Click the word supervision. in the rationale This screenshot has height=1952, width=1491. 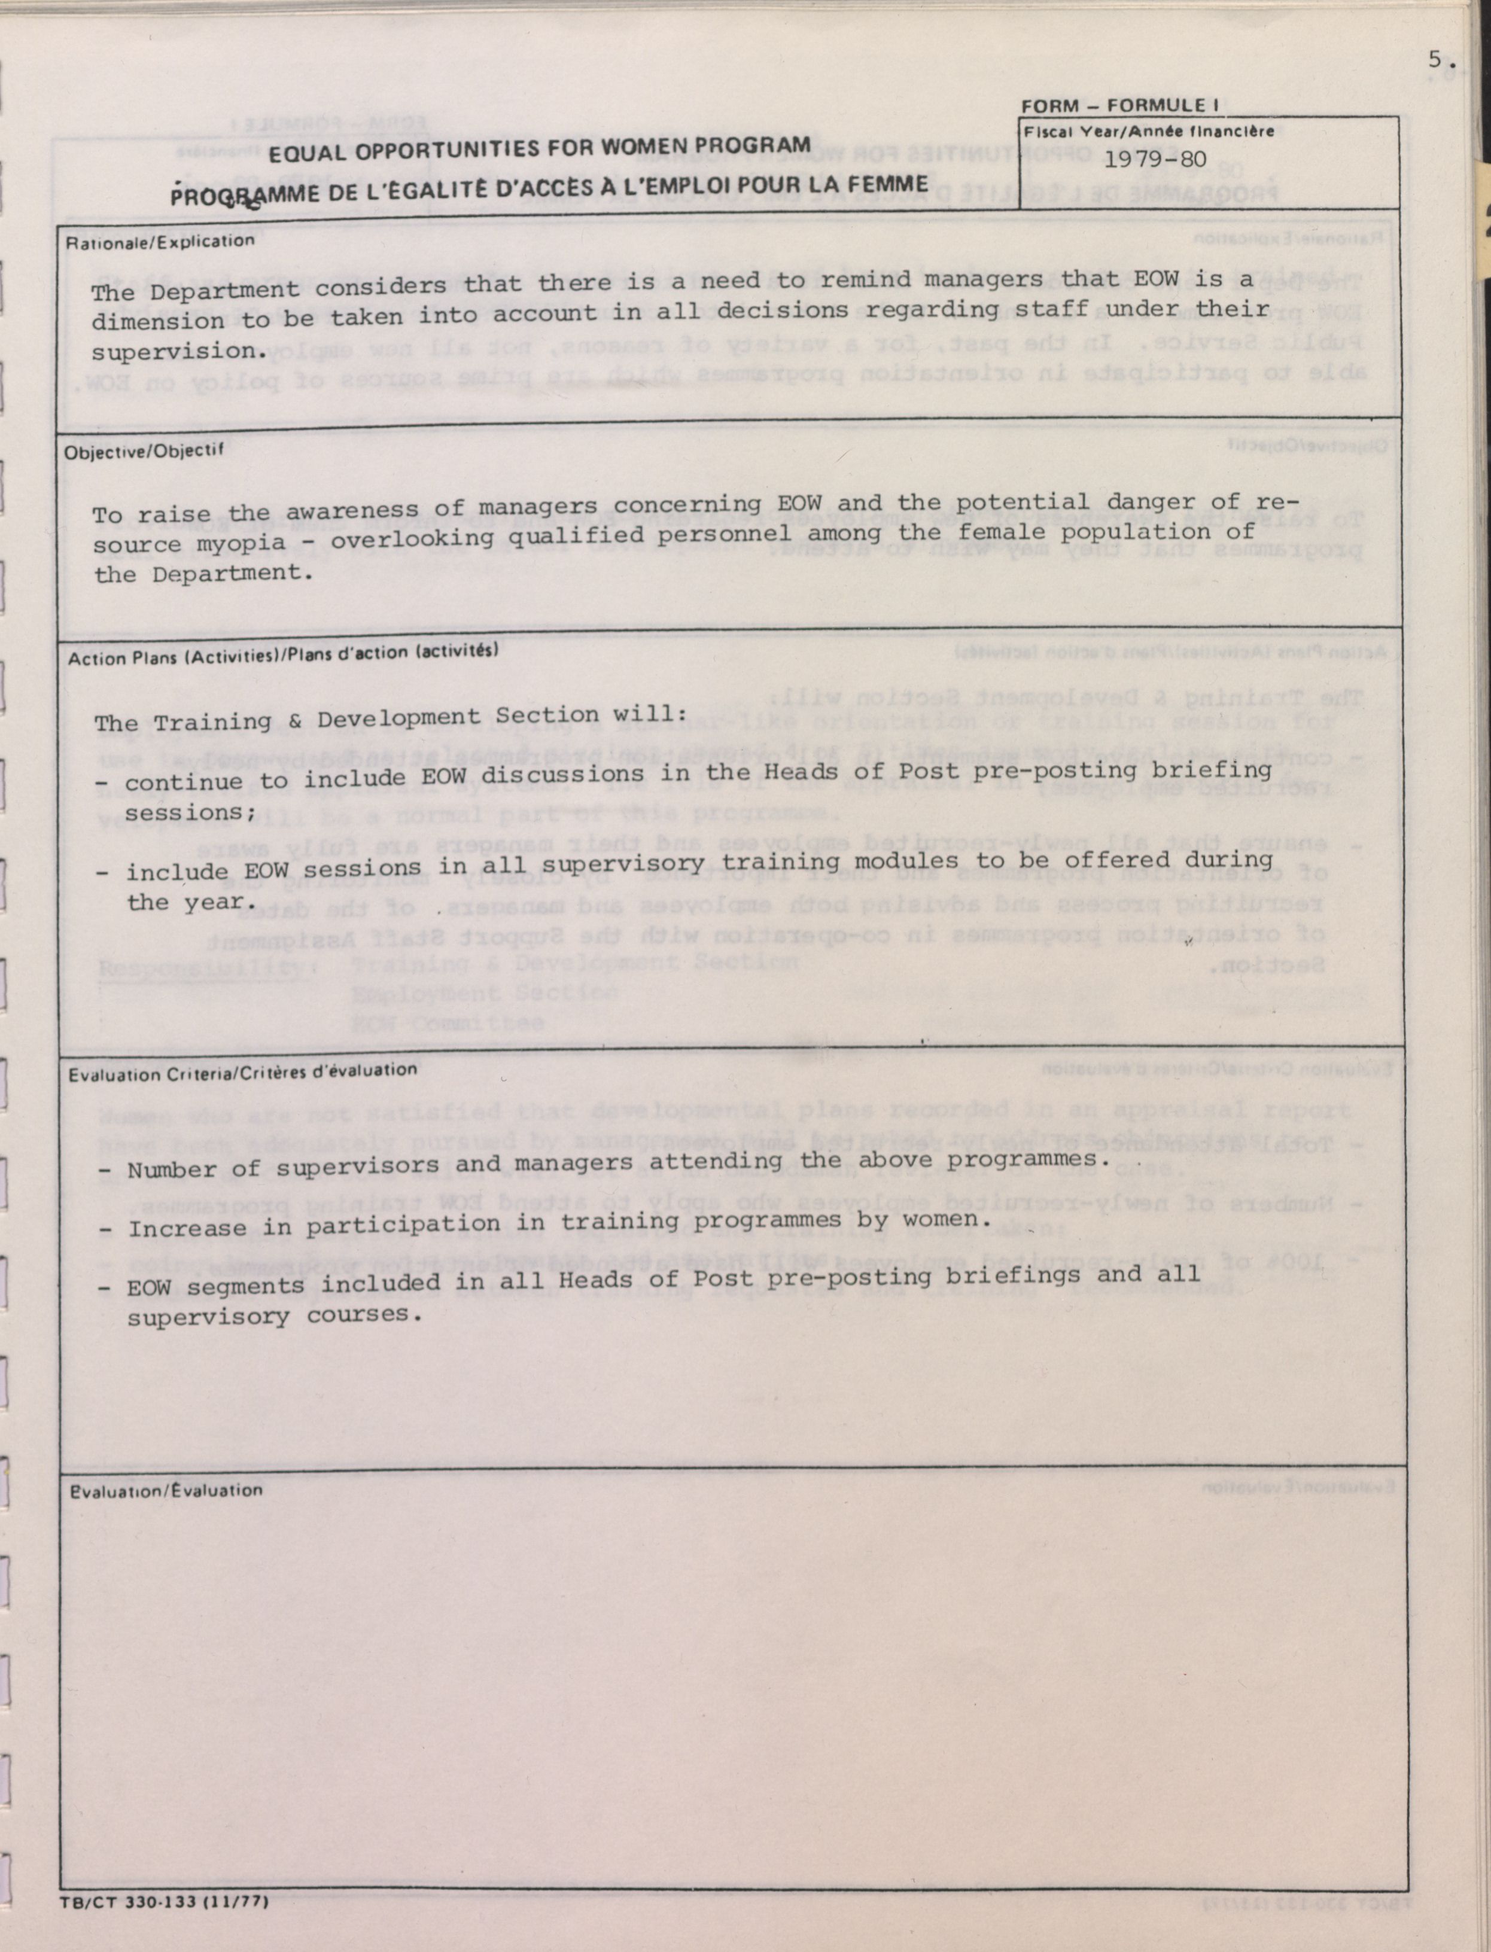tap(179, 351)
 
